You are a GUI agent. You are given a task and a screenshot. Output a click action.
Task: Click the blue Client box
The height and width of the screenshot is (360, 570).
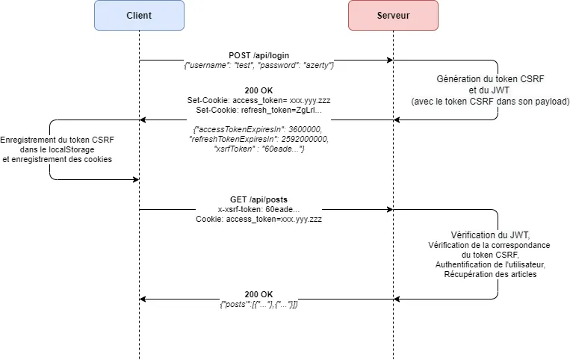139,16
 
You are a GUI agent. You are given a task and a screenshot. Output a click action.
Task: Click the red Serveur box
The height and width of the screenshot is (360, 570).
392,16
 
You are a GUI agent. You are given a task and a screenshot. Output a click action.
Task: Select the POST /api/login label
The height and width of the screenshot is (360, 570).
258,56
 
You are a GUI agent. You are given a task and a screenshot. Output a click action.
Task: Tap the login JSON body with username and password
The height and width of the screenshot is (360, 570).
258,66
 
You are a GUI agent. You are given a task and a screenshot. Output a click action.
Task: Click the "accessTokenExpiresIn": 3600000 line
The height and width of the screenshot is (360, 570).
258,129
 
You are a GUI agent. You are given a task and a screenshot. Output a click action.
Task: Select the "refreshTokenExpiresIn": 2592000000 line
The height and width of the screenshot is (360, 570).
258,139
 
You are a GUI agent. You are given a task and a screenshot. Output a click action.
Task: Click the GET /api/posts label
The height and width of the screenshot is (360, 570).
258,200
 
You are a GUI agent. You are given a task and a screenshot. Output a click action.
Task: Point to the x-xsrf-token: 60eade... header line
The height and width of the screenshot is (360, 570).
258,210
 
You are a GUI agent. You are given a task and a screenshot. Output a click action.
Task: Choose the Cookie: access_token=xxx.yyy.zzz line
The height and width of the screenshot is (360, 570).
258,220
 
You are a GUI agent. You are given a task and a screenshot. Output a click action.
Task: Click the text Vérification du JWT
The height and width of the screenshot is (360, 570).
490,235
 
